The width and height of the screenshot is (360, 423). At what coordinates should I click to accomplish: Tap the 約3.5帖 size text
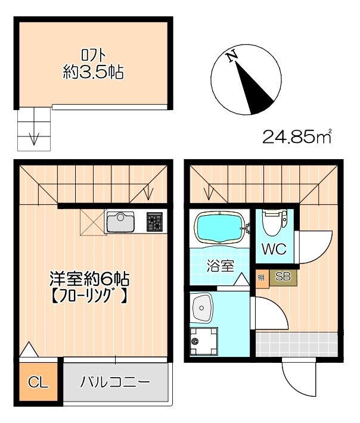click(x=94, y=73)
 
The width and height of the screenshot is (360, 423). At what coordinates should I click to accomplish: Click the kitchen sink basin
click(x=121, y=223)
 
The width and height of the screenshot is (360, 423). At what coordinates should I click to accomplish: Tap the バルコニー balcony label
click(x=116, y=382)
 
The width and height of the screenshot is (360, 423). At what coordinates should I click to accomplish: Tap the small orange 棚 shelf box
click(x=261, y=277)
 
